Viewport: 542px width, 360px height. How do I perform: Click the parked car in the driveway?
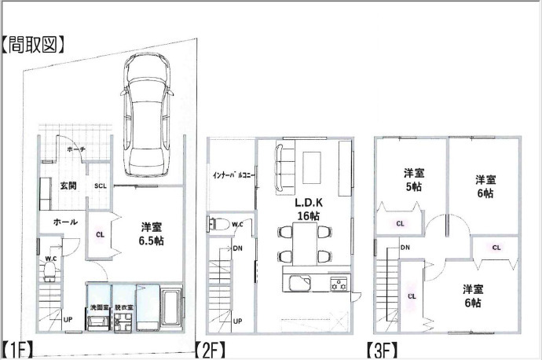coord(147,115)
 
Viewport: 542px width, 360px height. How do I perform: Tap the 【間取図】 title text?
coord(32,44)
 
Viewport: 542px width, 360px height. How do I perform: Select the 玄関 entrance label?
coord(68,186)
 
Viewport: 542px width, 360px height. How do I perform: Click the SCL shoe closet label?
coord(101,186)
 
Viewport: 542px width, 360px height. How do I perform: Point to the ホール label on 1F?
coord(65,222)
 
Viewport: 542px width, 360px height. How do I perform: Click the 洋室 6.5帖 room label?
coord(152,233)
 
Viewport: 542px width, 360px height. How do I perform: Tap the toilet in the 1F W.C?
coord(49,270)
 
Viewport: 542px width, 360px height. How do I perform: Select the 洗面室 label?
coord(99,307)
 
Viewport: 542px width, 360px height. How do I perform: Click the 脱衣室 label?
coord(124,307)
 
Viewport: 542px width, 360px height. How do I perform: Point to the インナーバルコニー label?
coord(233,175)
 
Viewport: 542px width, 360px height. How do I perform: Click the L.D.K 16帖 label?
coord(309,209)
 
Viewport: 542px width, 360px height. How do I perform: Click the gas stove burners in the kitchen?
coord(339,283)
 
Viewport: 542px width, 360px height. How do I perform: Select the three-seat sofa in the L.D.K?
coord(280,168)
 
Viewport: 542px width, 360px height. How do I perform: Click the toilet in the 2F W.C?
coord(218,225)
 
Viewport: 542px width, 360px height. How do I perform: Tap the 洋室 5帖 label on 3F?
coord(414,180)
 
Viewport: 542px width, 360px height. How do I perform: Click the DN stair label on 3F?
coord(405,248)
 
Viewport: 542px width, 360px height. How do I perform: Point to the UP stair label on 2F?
coord(237,321)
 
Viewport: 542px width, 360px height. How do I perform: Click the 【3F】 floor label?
coord(382,351)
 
